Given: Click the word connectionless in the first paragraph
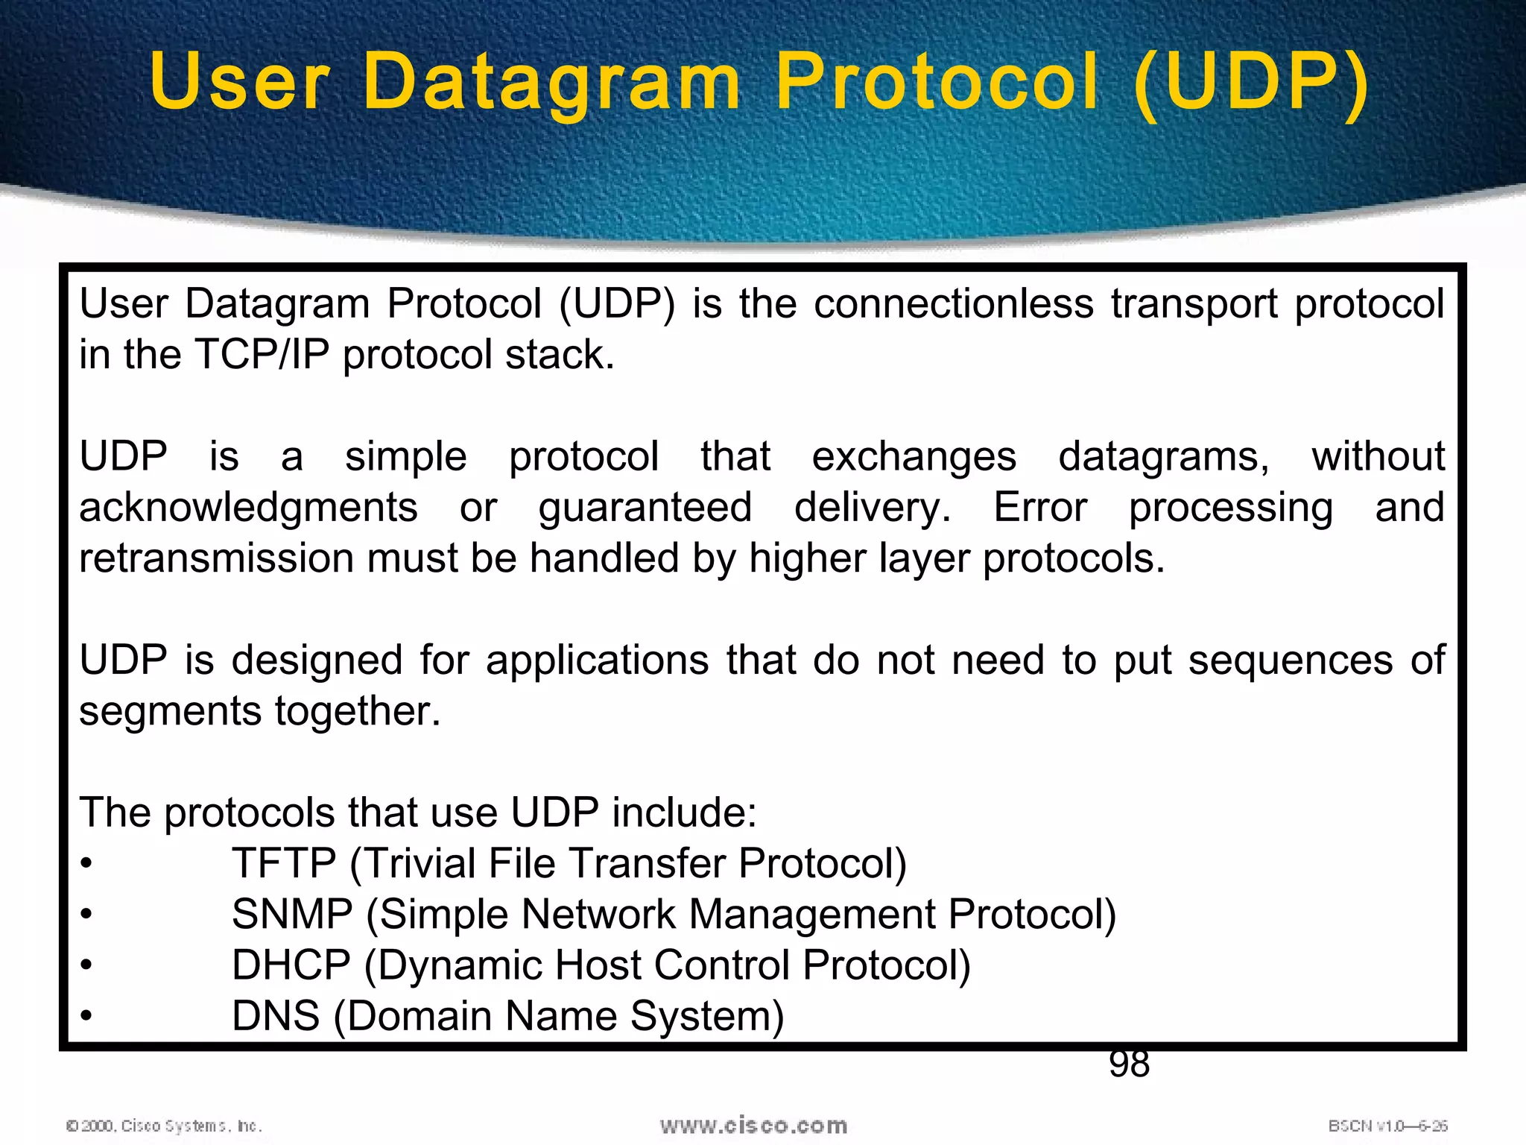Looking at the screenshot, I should click(953, 304).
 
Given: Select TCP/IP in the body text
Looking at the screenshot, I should click(262, 355).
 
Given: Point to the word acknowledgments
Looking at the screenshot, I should click(248, 508).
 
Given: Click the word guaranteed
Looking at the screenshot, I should click(645, 508).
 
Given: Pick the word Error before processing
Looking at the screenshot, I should click(1040, 508).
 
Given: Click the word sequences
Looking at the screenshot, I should click(1290, 660).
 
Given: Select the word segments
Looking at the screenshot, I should click(171, 711).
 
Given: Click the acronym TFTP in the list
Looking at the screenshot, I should click(284, 864).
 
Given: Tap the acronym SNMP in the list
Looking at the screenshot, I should click(292, 915).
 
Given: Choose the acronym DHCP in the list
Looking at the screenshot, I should click(291, 965).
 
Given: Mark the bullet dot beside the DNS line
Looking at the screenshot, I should click(87, 1016).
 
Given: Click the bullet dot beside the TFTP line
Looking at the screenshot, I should click(87, 864).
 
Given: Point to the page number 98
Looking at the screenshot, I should click(1129, 1064).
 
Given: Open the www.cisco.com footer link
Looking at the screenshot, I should click(753, 1126).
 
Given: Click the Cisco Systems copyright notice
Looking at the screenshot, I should click(164, 1126).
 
